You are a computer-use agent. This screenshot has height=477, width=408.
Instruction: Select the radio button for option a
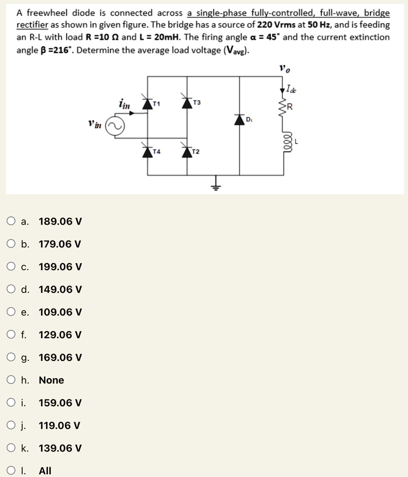11,221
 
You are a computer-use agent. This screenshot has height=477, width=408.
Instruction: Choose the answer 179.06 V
60,244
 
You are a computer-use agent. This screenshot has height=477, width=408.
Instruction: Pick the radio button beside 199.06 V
11,267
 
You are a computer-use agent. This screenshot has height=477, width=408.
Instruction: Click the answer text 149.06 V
60,290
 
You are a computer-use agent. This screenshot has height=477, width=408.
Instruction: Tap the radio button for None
11,381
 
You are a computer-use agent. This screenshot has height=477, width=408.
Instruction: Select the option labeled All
45,471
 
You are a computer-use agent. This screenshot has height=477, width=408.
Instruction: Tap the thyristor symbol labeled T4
148,152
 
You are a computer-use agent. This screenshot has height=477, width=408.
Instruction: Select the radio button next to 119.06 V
11,426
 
